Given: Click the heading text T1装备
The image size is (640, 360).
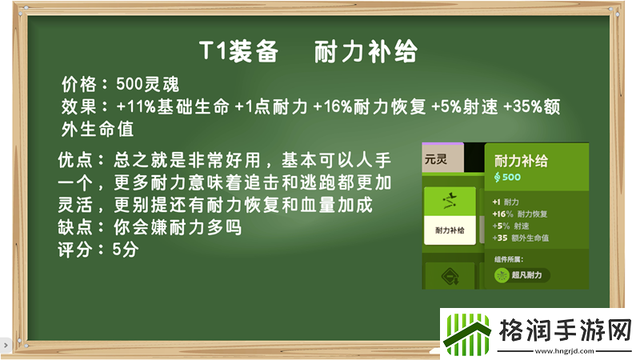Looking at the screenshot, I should (238, 52).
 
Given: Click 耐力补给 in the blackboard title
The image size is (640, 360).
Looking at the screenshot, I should (366, 52).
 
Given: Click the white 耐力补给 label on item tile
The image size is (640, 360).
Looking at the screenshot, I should (449, 230).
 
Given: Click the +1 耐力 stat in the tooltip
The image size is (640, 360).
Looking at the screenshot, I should (509, 202).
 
